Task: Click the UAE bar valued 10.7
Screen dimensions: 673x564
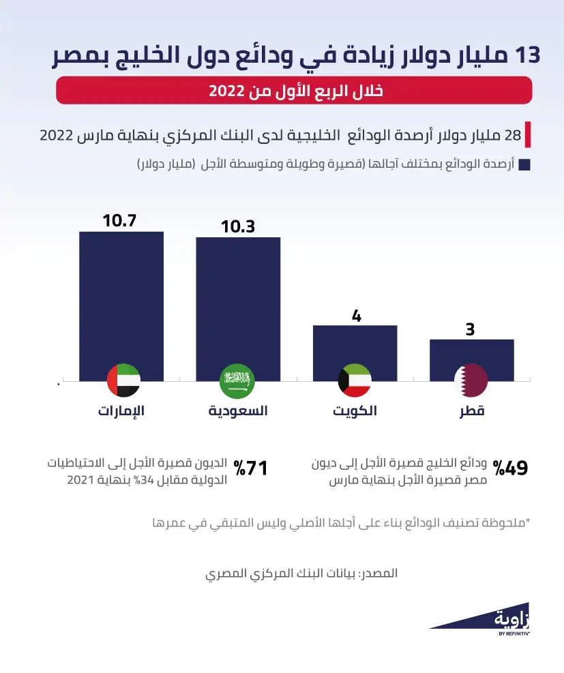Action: click(x=121, y=300)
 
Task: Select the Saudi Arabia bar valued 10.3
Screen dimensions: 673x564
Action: click(x=238, y=303)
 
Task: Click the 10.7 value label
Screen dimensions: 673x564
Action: click(x=120, y=221)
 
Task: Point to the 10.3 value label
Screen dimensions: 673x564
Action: click(x=237, y=226)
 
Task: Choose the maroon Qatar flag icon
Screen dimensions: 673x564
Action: click(x=471, y=381)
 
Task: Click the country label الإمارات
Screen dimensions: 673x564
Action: click(x=121, y=411)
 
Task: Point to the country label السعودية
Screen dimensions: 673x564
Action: click(x=237, y=411)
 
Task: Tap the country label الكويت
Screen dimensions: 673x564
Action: click(x=355, y=411)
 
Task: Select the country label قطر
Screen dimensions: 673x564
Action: click(x=471, y=411)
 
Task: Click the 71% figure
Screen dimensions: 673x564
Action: click(x=250, y=468)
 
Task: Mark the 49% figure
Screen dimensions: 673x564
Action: click(x=511, y=468)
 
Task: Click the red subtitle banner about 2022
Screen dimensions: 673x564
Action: click(x=293, y=91)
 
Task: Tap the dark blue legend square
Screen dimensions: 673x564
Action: click(x=524, y=165)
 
